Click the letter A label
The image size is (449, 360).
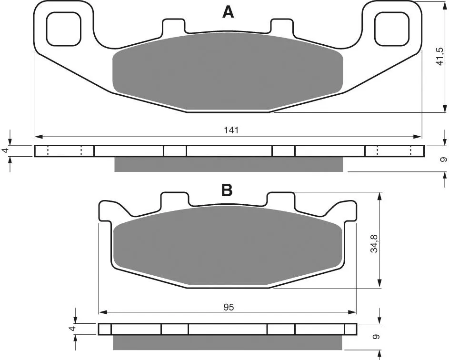[228, 12]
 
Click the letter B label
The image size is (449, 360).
[227, 190]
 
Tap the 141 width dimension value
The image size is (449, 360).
[231, 130]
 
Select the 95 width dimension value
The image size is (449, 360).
[229, 307]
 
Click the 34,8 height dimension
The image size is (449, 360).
[374, 243]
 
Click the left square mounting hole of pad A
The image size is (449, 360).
[64, 29]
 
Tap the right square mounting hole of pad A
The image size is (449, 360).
[392, 29]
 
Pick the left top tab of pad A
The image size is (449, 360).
[174, 26]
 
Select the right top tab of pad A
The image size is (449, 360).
[282, 26]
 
